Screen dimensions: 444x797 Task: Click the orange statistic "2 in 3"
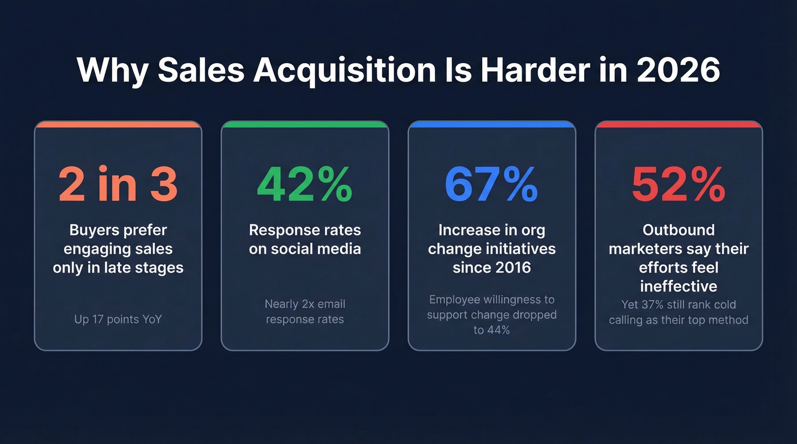point(118,185)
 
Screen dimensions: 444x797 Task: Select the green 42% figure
point(305,185)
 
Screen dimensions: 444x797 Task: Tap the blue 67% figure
point(491,185)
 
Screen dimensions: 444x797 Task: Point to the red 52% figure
point(679,185)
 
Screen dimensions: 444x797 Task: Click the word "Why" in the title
point(113,70)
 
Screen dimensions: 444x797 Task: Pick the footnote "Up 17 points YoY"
point(118,319)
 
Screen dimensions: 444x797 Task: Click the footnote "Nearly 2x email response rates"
point(305,312)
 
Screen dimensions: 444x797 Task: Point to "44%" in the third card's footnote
point(498,330)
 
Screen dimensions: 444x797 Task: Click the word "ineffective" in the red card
point(679,285)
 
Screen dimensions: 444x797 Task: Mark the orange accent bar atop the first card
point(118,124)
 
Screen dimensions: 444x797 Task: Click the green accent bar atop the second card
point(305,124)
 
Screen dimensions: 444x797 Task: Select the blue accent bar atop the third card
point(491,124)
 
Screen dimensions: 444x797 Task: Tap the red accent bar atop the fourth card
point(679,124)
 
